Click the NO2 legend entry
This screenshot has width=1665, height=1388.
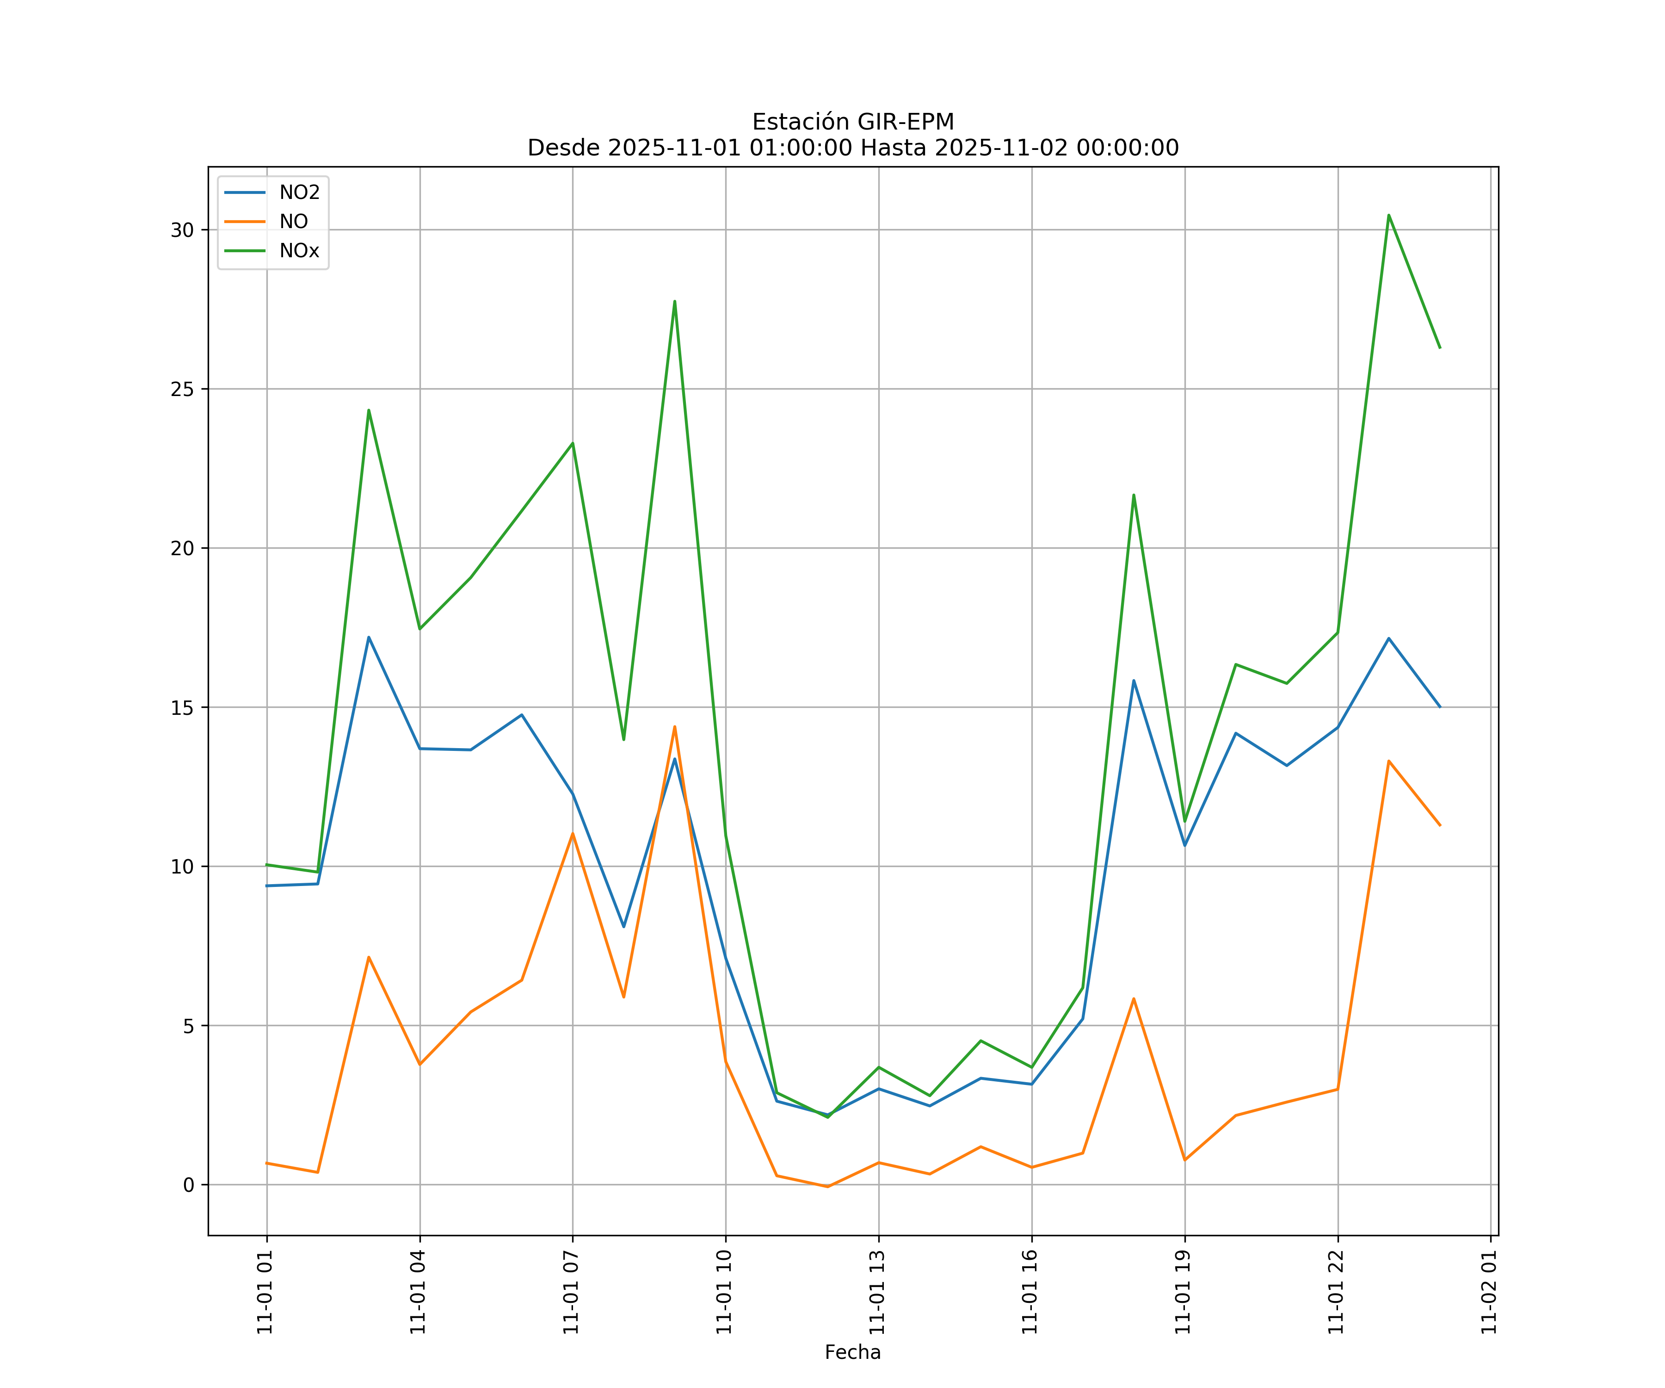pyautogui.click(x=299, y=193)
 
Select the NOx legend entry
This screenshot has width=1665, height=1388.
pyautogui.click(x=299, y=251)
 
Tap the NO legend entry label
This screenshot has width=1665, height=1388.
pyautogui.click(x=293, y=222)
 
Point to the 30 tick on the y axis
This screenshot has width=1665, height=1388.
pyautogui.click(x=182, y=230)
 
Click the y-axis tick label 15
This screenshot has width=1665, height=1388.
pyautogui.click(x=182, y=707)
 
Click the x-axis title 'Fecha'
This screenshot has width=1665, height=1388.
pyautogui.click(x=852, y=1352)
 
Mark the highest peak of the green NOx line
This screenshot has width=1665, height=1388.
pyautogui.click(x=1388, y=215)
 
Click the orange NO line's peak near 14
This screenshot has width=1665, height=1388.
pyautogui.click(x=675, y=726)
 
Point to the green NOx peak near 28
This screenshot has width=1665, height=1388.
pyautogui.click(x=675, y=301)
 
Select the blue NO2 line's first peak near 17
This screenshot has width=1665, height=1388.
pyautogui.click(x=369, y=637)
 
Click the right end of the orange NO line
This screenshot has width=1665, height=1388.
pyautogui.click(x=1439, y=825)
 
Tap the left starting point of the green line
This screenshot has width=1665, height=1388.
pyautogui.click(x=267, y=865)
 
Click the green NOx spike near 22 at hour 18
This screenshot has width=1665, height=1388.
pyautogui.click(x=1134, y=495)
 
